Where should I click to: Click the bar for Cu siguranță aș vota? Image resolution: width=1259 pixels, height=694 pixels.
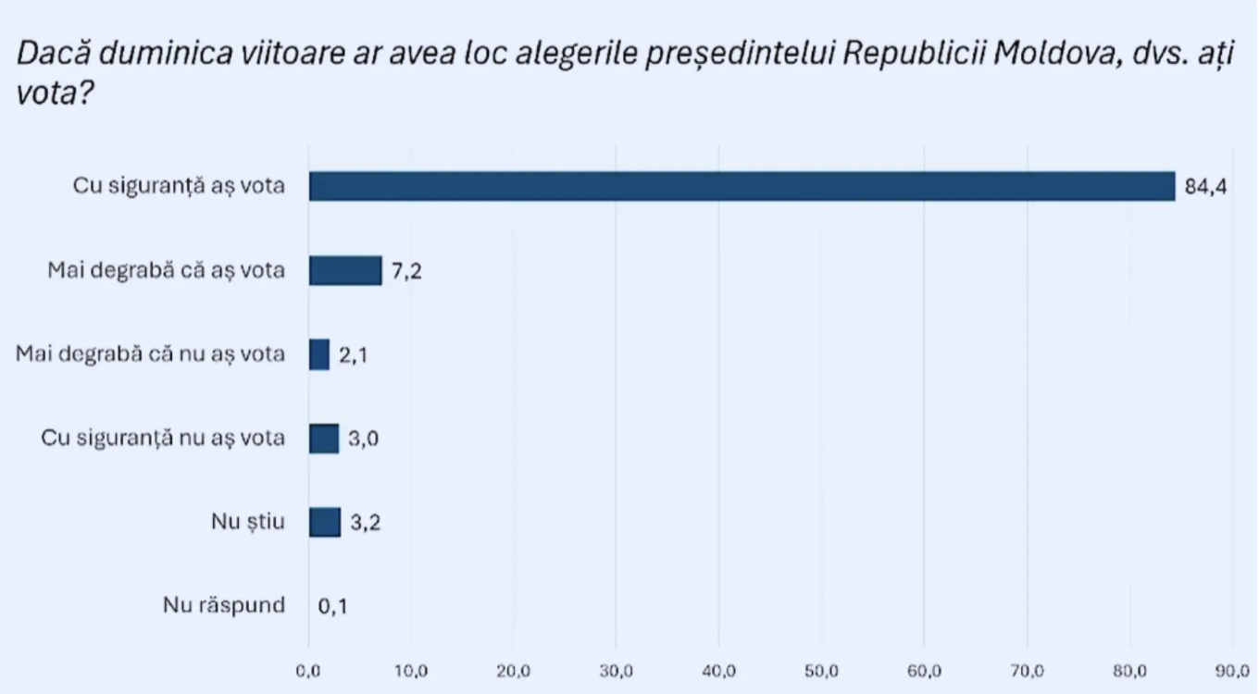[741, 186]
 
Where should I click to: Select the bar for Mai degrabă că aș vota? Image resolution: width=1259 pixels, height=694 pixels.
[345, 270]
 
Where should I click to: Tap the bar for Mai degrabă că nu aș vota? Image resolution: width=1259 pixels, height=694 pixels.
[319, 354]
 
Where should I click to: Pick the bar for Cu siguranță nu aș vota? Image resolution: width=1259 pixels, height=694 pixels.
[324, 439]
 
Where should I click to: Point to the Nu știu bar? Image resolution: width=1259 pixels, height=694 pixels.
[325, 522]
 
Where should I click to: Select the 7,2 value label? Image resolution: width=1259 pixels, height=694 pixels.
[407, 272]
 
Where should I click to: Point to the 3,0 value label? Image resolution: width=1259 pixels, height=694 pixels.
[364, 440]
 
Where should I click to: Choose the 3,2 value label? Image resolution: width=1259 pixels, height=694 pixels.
[366, 524]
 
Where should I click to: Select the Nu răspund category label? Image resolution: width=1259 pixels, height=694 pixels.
[224, 607]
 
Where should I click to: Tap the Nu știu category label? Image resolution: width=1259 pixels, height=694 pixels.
[248, 523]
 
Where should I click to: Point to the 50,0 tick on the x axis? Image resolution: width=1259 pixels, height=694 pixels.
[820, 670]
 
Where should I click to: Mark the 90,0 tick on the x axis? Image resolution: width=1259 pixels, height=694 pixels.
[1231, 670]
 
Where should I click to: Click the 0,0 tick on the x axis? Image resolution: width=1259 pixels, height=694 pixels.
[308, 670]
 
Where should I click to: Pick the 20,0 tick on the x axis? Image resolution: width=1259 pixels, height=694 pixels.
[513, 670]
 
